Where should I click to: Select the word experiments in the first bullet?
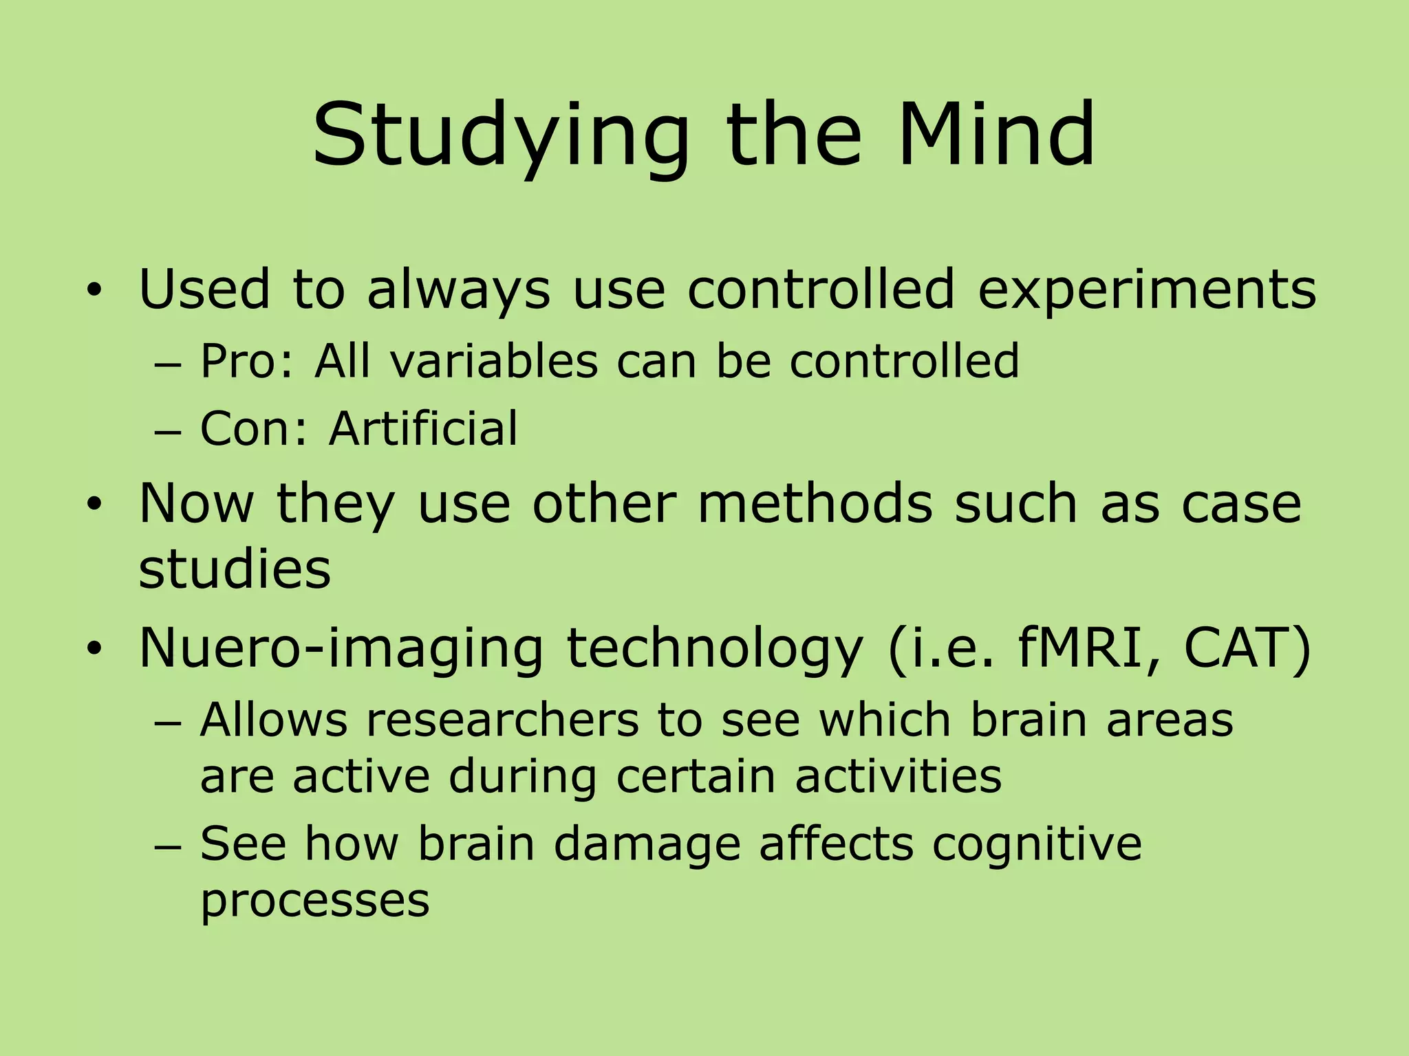pyautogui.click(x=1146, y=290)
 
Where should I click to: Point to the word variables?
pyautogui.click(x=494, y=362)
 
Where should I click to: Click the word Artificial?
pyautogui.click(x=423, y=429)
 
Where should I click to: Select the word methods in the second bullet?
pyautogui.click(x=815, y=504)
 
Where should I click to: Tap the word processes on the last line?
pyautogui.click(x=314, y=901)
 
